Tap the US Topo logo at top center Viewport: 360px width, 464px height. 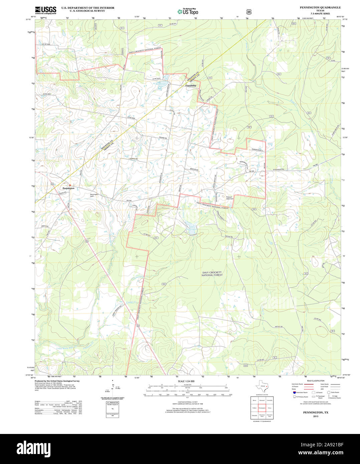coord(188,11)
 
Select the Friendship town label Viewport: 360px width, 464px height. coord(191,86)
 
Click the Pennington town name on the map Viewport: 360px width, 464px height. coord(68,188)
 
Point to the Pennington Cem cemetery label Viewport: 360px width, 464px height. coord(94,195)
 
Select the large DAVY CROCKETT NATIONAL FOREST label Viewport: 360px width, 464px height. coord(212,274)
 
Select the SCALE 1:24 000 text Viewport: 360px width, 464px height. coord(186,381)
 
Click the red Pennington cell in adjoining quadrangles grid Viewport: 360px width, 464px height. coord(262,408)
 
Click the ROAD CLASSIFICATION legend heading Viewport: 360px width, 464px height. coord(316,381)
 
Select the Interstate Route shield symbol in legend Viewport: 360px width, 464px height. coord(295,393)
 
